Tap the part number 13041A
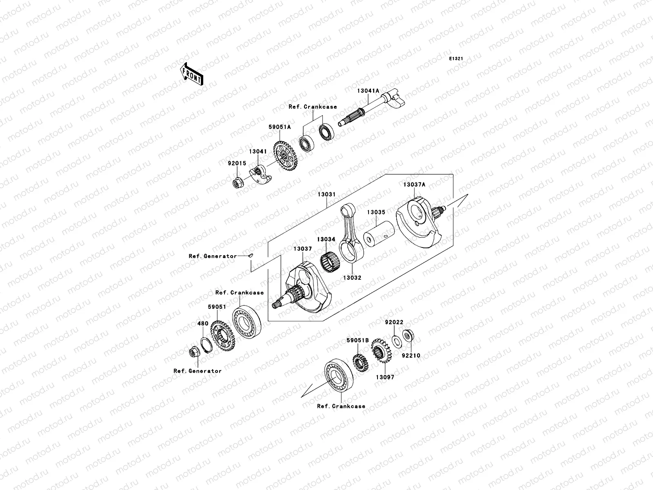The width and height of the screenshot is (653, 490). click(369, 91)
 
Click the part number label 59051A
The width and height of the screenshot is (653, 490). click(280, 127)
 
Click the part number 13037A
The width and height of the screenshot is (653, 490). click(414, 185)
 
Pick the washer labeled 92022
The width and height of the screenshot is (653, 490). click(395, 340)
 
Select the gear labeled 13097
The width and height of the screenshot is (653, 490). click(381, 352)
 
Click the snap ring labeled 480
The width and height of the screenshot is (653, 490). click(207, 345)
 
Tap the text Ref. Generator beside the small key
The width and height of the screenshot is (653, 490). click(213, 256)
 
